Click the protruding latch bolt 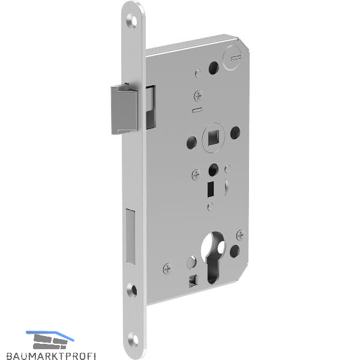pos(124,110)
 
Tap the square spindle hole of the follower pos(214,137)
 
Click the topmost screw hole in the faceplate pos(132,22)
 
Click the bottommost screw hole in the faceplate pos(133,340)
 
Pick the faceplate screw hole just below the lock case pos(132,290)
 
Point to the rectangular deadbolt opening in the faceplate pos(130,236)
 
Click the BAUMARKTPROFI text pos(50,355)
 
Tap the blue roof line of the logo pos(50,335)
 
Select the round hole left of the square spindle pos(191,142)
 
